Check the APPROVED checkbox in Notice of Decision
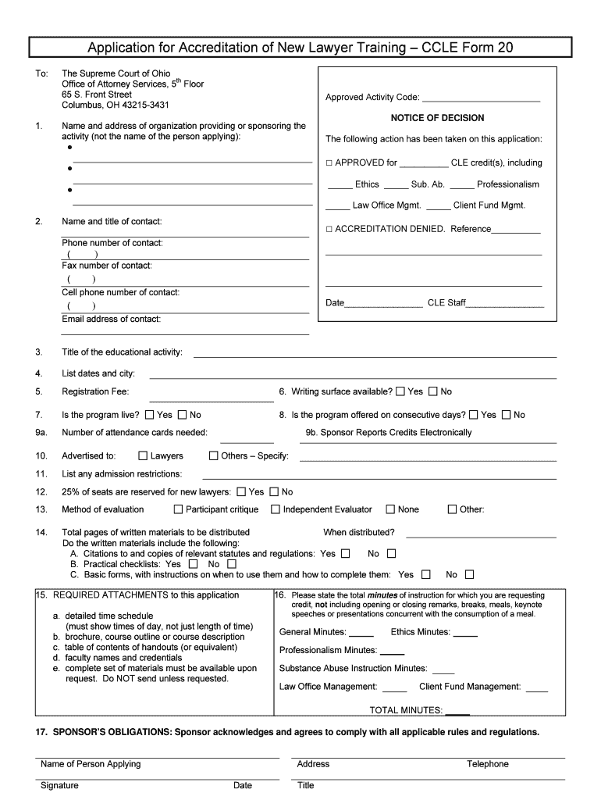(x=329, y=163)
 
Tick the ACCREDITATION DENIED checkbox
(x=329, y=229)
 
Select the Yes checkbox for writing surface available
(x=400, y=391)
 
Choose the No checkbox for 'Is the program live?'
(x=183, y=415)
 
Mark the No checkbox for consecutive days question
(x=506, y=415)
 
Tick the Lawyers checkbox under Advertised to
(x=143, y=455)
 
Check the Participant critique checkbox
(x=179, y=509)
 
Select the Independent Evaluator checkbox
(x=276, y=509)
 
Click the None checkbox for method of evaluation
(x=390, y=509)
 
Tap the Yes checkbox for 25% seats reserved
(x=241, y=492)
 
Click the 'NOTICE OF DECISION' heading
(x=437, y=118)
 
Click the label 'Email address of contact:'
(x=112, y=319)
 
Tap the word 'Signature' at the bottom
(x=59, y=785)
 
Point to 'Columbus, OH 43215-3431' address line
(x=116, y=105)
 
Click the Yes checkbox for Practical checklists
(x=193, y=564)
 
